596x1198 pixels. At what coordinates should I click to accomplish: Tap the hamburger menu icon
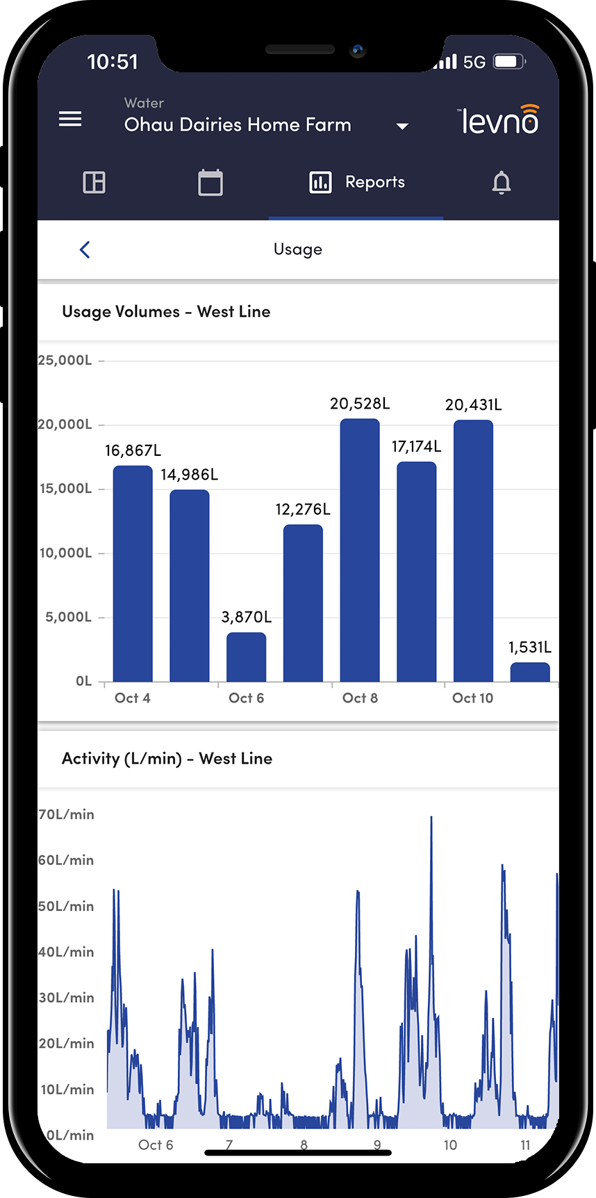click(70, 119)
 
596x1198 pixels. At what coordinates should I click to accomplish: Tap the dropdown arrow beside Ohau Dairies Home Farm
click(402, 126)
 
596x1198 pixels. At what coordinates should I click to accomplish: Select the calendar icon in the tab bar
click(210, 183)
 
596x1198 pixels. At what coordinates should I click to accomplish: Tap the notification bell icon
click(501, 183)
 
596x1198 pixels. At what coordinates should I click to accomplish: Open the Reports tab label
click(374, 182)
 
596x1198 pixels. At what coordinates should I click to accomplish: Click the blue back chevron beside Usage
click(85, 249)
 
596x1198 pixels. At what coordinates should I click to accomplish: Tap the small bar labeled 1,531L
click(529, 672)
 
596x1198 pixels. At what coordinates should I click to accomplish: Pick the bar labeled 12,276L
click(303, 602)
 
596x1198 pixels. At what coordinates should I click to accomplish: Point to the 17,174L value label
click(416, 446)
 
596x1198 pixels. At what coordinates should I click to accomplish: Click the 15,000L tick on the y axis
click(66, 489)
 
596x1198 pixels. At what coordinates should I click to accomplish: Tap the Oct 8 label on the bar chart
click(360, 698)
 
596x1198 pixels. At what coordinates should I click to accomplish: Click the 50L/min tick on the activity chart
click(66, 906)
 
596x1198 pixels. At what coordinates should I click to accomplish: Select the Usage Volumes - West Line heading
click(166, 311)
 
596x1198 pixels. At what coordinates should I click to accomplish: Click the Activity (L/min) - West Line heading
click(167, 758)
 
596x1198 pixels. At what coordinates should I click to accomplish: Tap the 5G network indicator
click(474, 63)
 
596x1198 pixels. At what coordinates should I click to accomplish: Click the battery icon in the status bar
click(508, 62)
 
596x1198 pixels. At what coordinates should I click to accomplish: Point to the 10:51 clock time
click(113, 62)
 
